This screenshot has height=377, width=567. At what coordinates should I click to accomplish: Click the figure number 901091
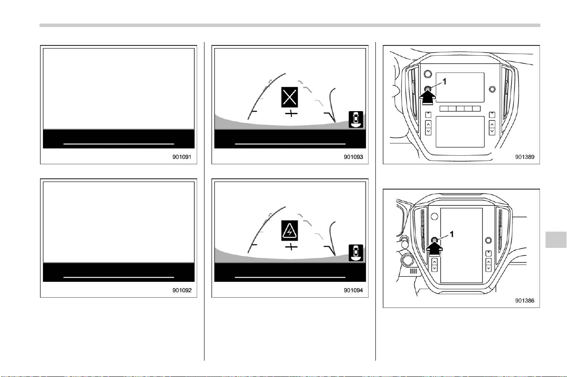(182, 157)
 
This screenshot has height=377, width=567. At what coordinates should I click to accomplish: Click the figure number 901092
(182, 290)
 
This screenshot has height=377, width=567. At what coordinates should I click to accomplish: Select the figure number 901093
(353, 157)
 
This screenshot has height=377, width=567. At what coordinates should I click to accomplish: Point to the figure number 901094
(353, 290)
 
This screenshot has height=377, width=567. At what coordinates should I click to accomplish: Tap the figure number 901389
(525, 157)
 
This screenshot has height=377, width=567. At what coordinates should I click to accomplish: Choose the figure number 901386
(525, 300)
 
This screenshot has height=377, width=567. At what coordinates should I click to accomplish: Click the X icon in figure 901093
(290, 97)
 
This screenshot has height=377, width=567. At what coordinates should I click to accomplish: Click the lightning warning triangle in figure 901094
(290, 231)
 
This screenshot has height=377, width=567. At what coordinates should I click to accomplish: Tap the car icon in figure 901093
(356, 119)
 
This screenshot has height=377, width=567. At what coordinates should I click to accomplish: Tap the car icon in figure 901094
(356, 253)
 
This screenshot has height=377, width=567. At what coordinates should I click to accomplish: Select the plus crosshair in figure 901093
(291, 114)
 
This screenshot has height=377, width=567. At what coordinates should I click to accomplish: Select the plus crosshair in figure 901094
(291, 247)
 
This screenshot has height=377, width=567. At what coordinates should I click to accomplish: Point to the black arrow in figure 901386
(434, 249)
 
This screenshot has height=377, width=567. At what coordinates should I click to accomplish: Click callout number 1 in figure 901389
(444, 81)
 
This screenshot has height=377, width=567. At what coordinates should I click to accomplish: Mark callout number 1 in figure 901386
(451, 235)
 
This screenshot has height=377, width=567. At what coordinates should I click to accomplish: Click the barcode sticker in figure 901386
(413, 271)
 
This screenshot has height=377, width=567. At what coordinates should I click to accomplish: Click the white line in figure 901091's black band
(119, 144)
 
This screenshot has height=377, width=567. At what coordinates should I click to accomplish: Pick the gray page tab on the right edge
(556, 240)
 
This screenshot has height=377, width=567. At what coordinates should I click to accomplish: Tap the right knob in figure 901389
(492, 89)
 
